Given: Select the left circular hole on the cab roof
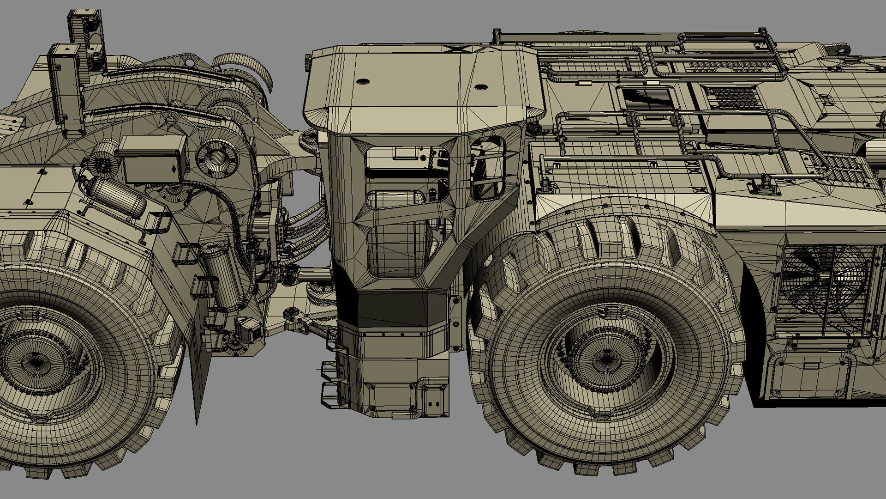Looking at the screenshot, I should (363, 81).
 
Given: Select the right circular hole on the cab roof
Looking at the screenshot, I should (480, 87).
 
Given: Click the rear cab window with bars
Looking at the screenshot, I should (488, 169).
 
